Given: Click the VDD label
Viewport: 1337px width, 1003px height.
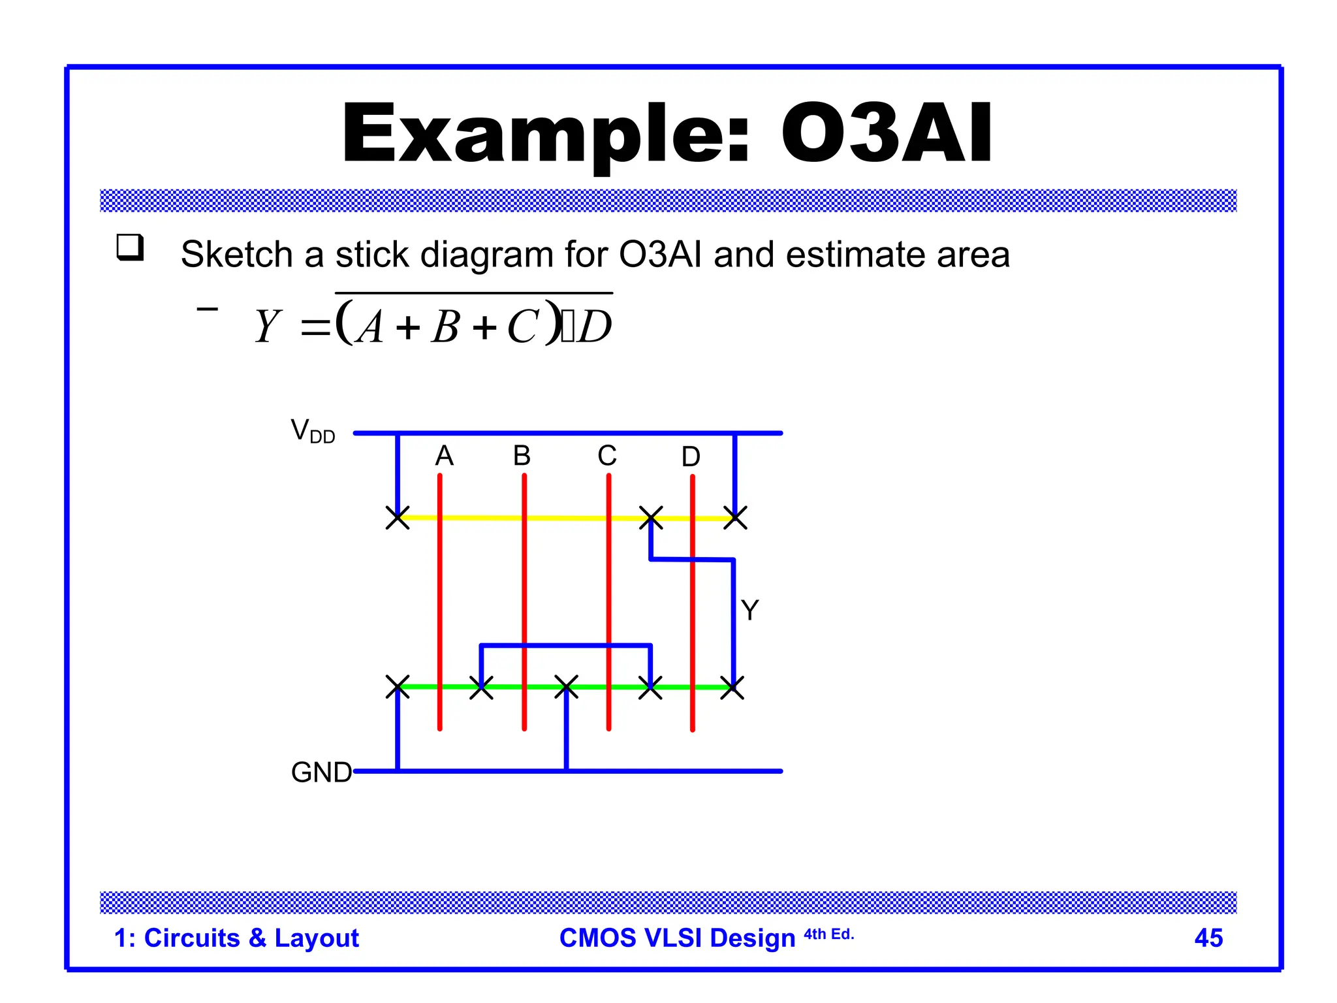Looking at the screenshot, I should (312, 432).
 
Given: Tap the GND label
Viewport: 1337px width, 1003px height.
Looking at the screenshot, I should (321, 772).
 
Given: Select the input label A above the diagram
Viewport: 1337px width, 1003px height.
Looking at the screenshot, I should (444, 456).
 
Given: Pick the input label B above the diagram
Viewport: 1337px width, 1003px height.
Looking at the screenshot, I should (522, 456).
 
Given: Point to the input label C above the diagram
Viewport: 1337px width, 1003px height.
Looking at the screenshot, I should (607, 456).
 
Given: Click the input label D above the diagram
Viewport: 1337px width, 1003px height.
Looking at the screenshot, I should (691, 457).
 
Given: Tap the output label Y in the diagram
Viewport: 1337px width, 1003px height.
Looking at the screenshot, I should (749, 611).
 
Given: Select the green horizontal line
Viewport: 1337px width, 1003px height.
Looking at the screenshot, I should (522, 687).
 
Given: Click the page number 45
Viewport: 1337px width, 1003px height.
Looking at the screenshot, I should (1208, 938).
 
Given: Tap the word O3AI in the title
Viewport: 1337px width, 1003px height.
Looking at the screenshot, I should (887, 134).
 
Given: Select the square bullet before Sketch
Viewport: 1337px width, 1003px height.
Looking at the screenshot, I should (130, 247).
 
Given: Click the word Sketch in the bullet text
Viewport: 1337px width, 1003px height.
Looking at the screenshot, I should (236, 254).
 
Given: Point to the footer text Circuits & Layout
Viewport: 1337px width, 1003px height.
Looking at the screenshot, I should (251, 938).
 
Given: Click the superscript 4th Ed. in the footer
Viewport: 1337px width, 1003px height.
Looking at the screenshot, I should (828, 934).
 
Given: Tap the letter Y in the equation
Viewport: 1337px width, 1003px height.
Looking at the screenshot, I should (268, 326).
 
